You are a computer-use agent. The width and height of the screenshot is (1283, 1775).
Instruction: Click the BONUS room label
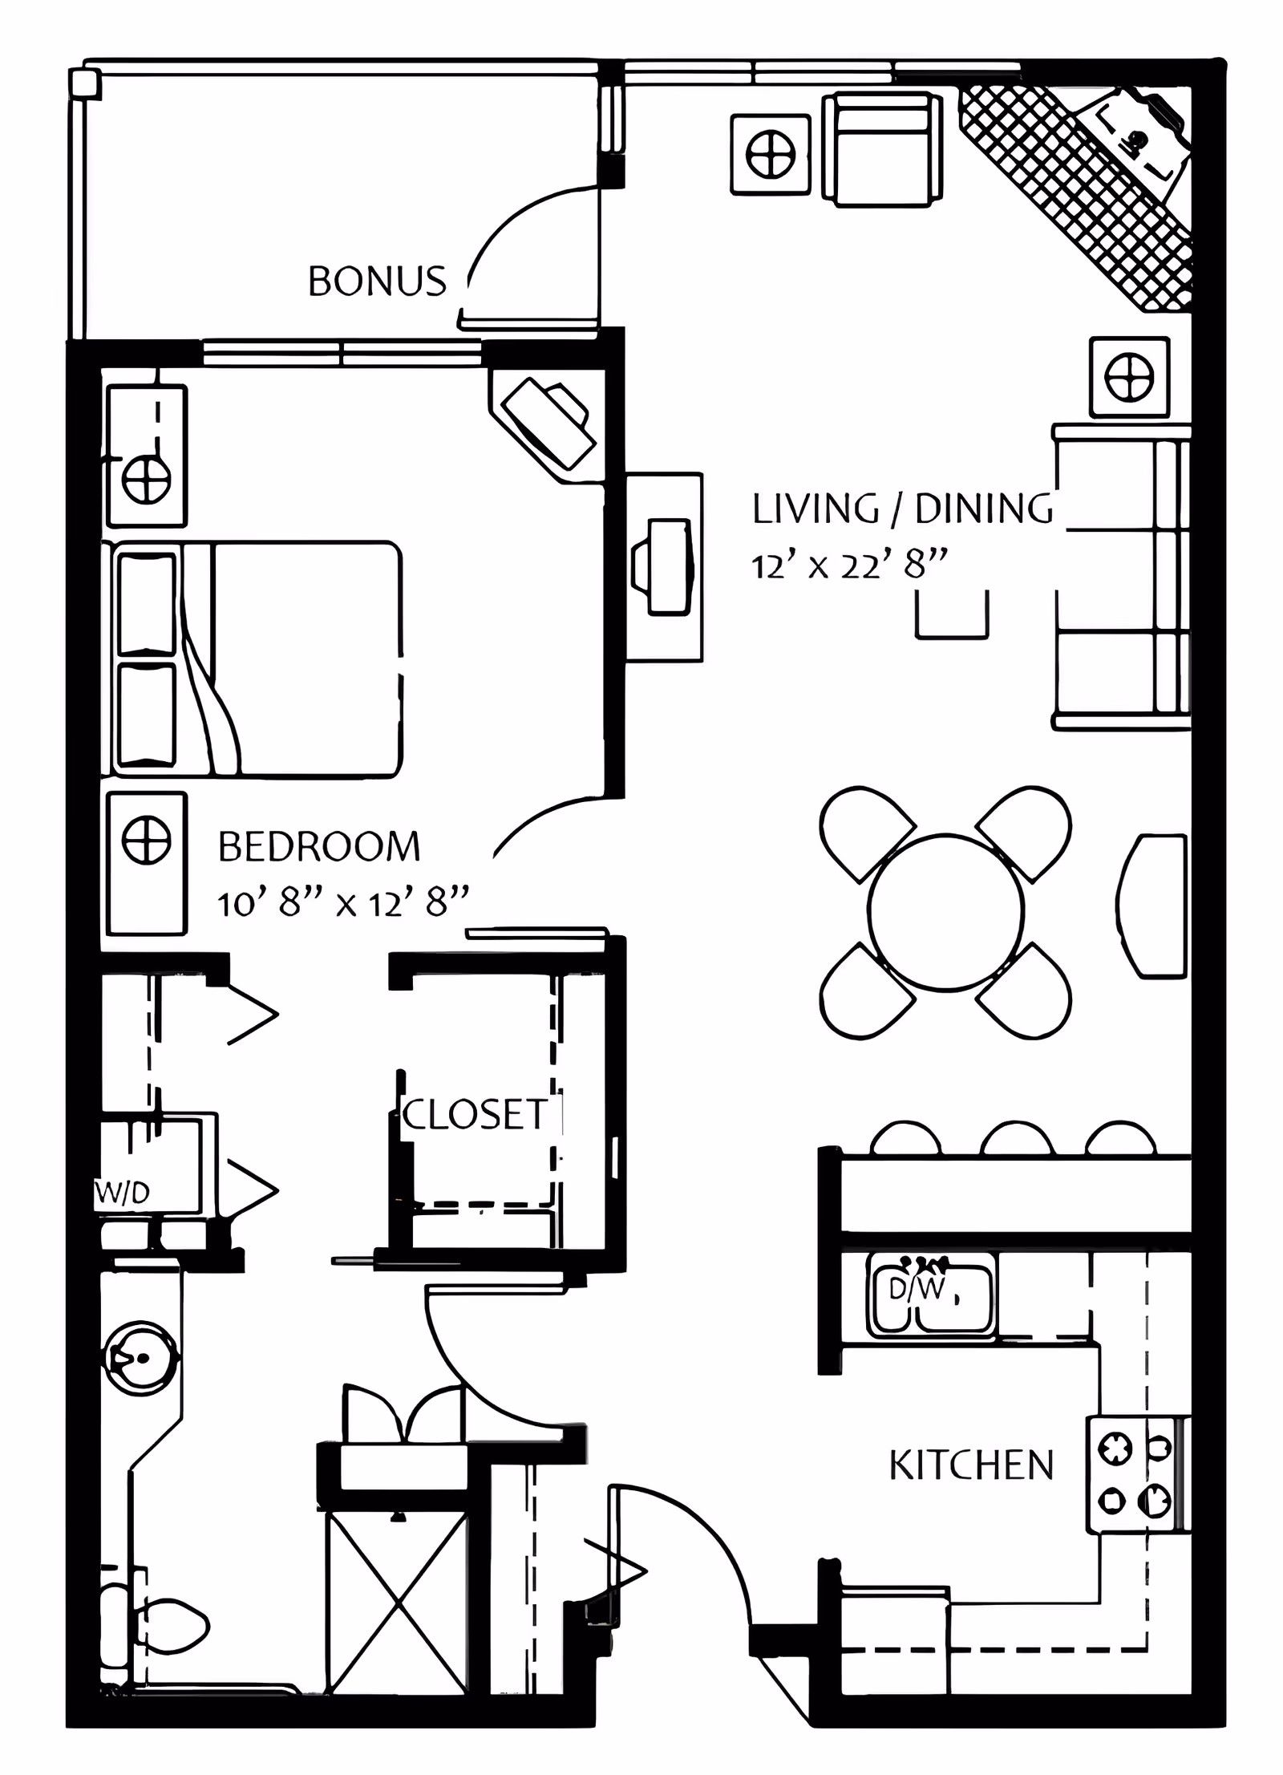point(377,282)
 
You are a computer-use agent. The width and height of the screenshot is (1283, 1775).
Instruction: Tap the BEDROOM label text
point(319,847)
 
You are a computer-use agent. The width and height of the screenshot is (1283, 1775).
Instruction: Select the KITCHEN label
point(971,1466)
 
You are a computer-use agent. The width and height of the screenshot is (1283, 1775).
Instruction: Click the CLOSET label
point(476,1115)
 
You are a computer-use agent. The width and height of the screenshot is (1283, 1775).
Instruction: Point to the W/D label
point(122,1193)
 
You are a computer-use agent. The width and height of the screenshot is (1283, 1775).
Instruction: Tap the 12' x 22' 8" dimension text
point(849,566)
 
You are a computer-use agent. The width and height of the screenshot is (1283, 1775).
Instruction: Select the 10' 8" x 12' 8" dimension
point(342,904)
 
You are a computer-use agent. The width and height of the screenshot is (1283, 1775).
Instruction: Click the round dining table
point(945,912)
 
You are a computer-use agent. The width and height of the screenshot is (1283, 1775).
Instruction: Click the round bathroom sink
point(140,1359)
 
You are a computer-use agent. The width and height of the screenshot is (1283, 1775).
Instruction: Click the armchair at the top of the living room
point(882,149)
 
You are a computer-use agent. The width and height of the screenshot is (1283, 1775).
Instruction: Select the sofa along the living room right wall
point(1123,577)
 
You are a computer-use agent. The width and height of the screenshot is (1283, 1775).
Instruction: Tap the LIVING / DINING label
point(903,509)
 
